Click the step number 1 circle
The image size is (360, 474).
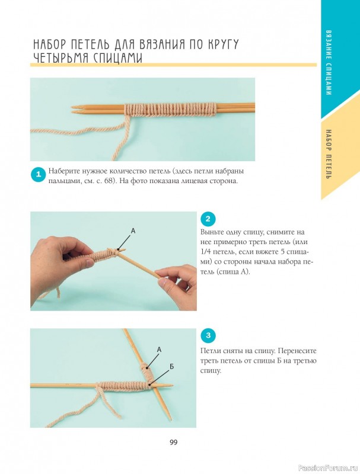[x=39, y=174]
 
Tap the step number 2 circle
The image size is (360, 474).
[x=208, y=219]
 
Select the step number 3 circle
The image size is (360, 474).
[x=208, y=335]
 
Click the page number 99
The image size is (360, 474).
[x=173, y=442]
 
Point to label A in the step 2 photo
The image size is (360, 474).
[x=133, y=231]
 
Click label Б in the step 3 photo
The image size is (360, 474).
[x=171, y=367]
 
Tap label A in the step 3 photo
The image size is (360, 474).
[x=159, y=350]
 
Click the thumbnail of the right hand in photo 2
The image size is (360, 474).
[x=163, y=283]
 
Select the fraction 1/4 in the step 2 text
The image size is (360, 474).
[x=206, y=252]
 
